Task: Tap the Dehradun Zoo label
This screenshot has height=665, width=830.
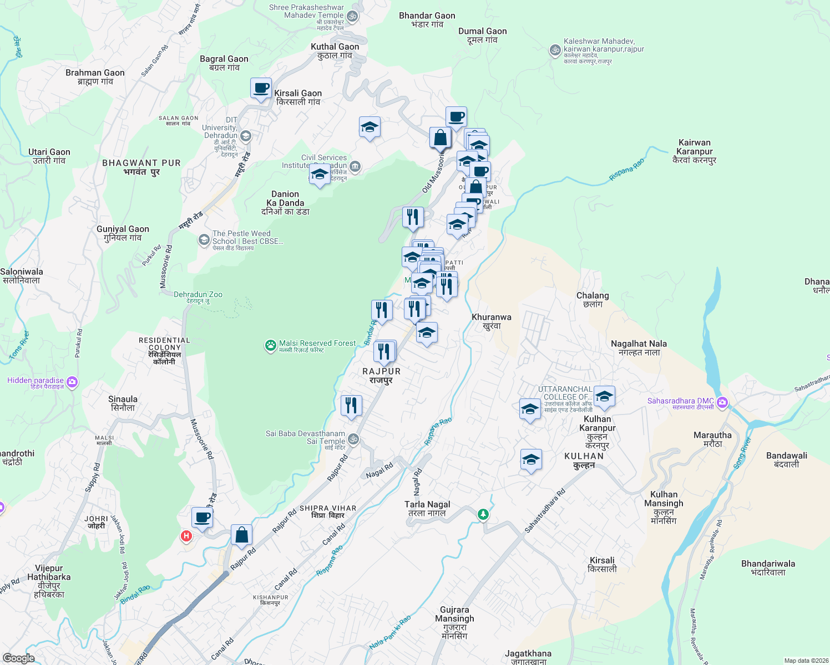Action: [x=198, y=295]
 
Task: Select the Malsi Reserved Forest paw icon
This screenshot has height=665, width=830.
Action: [x=270, y=346]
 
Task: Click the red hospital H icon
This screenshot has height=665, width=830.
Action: [x=186, y=536]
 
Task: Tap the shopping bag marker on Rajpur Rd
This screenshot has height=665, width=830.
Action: [x=241, y=535]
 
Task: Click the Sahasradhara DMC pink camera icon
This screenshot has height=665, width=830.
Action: [x=722, y=402]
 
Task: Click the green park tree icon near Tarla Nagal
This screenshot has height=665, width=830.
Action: [x=483, y=515]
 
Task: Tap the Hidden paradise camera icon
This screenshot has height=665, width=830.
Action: [x=72, y=382]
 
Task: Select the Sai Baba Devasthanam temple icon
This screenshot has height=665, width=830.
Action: [x=353, y=440]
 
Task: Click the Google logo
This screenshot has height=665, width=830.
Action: [x=18, y=658]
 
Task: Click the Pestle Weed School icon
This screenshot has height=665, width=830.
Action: [x=204, y=241]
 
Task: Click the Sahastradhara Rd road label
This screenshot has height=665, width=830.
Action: [x=545, y=510]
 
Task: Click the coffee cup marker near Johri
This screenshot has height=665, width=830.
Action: [x=202, y=518]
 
